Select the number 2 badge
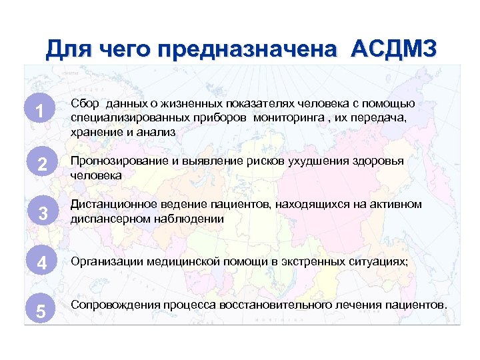[x=41, y=165]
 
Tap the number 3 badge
[x=41, y=213]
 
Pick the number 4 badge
[x=41, y=263]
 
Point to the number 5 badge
[x=41, y=311]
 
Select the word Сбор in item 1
[x=84, y=103]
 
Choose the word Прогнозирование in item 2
[x=117, y=162]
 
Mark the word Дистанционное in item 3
[x=109, y=204]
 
